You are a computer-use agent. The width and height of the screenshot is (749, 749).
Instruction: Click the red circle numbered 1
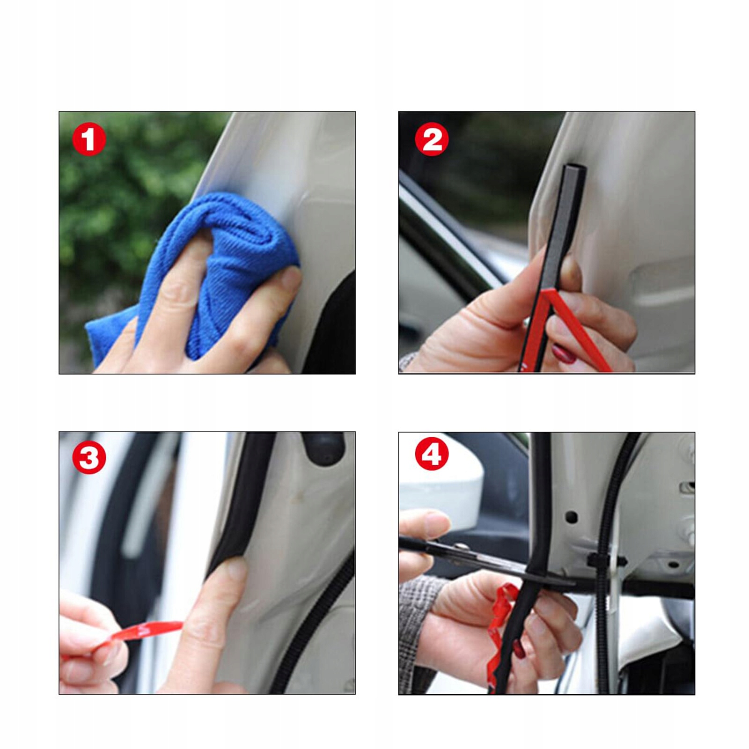pyautogui.click(x=89, y=140)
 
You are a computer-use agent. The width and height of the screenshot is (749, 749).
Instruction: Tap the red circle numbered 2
pyautogui.click(x=432, y=140)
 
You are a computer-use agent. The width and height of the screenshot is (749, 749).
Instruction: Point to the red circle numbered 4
pyautogui.click(x=432, y=454)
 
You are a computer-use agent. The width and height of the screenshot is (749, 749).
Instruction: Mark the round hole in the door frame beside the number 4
pyautogui.click(x=571, y=517)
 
